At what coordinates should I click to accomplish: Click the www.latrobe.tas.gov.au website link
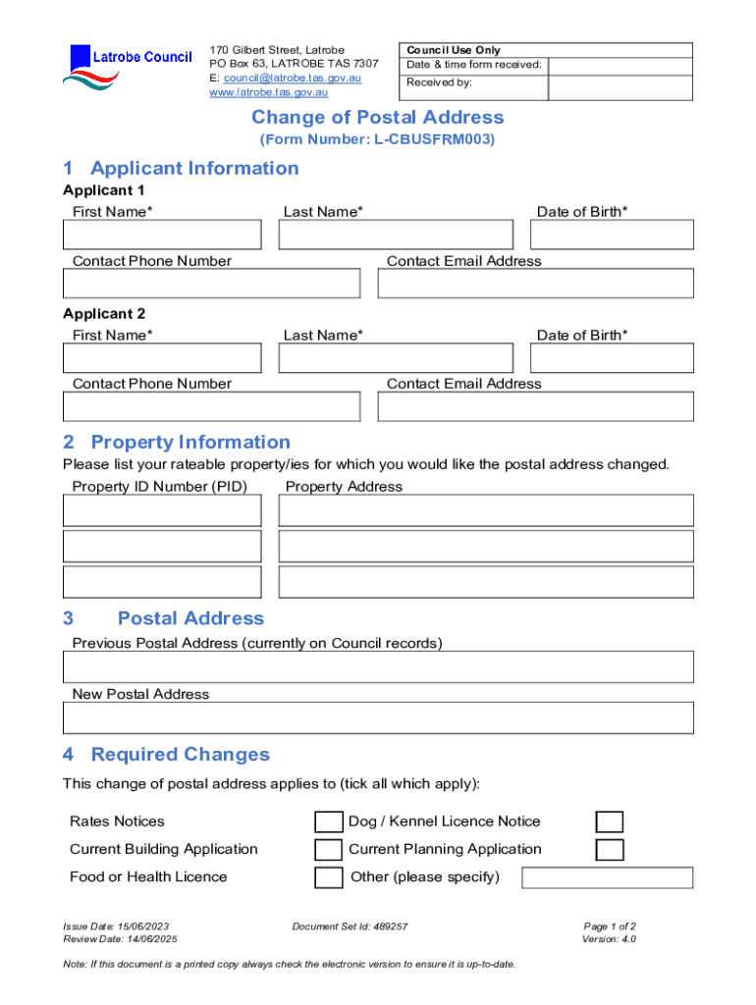(268, 92)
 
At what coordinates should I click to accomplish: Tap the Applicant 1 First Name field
(162, 235)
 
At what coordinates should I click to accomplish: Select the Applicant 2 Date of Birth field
(612, 358)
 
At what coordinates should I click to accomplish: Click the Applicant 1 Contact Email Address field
(535, 284)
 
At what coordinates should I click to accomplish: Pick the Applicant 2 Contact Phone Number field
(211, 406)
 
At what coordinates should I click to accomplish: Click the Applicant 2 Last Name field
(396, 358)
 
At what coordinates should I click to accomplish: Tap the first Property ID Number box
(162, 510)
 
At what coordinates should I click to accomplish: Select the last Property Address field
(486, 582)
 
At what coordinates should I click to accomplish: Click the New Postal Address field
(378, 717)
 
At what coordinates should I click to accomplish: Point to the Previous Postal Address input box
(378, 666)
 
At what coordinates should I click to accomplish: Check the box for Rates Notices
(328, 821)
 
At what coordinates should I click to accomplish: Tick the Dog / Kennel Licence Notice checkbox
(610, 821)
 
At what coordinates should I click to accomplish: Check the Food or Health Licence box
(328, 877)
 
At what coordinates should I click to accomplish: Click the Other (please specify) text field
(607, 877)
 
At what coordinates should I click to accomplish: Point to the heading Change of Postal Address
(378, 118)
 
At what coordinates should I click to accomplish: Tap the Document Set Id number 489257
(351, 926)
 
